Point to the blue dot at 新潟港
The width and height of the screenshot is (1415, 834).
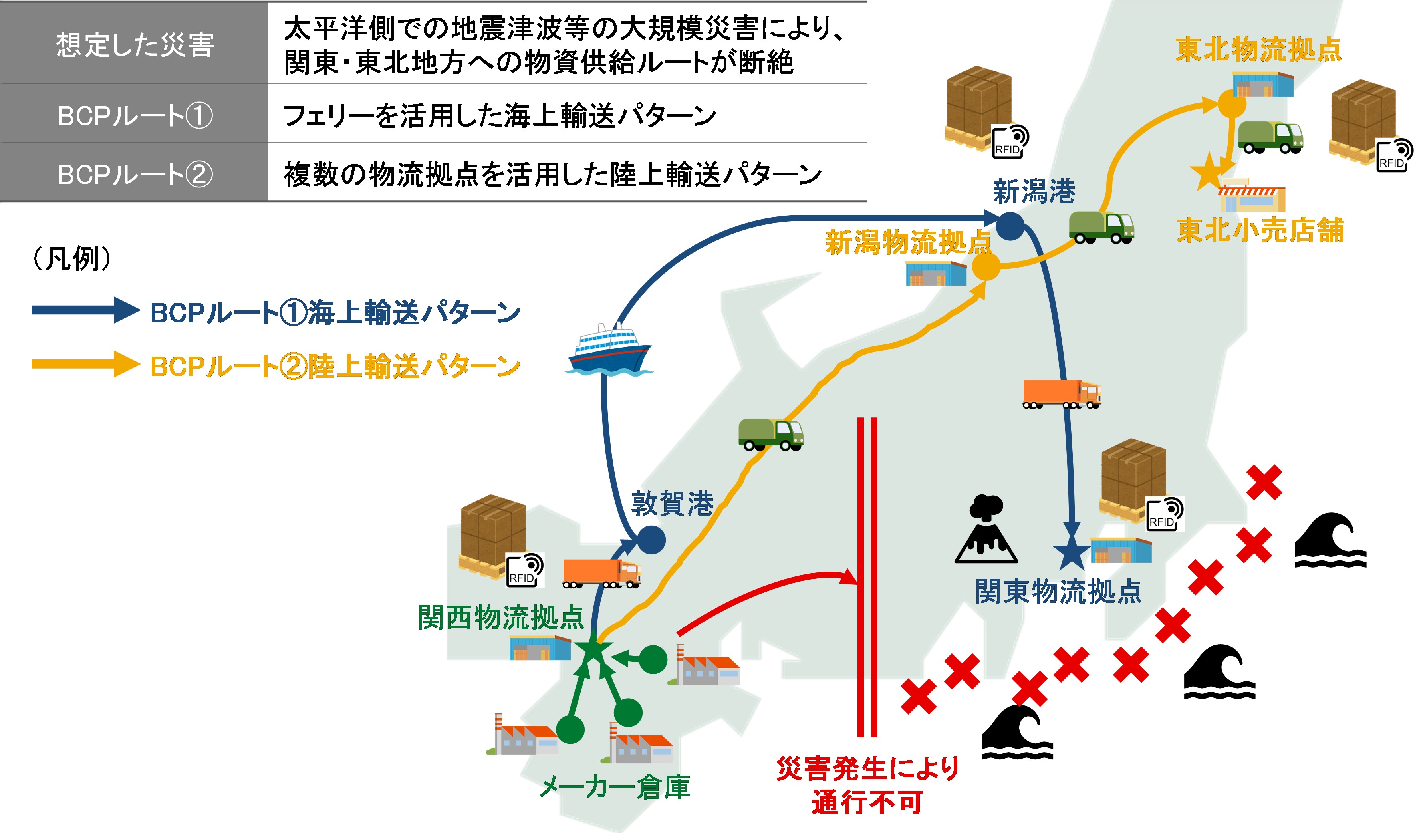[x=1010, y=226]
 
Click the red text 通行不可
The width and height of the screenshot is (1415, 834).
[x=867, y=802]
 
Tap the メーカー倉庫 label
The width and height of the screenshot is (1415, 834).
[x=614, y=787]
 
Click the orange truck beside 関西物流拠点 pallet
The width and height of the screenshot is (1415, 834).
[x=602, y=573]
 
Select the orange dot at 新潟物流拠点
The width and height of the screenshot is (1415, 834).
[x=986, y=266]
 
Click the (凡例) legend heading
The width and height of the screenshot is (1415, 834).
[x=72, y=259]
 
